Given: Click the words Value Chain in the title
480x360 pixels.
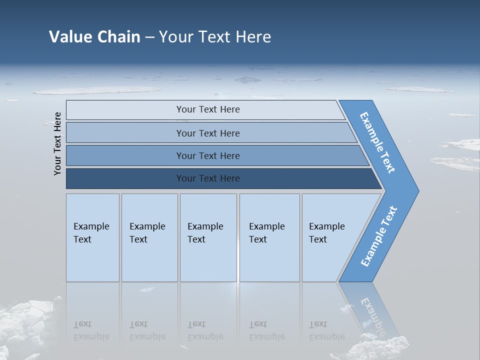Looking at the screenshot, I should [x=94, y=37].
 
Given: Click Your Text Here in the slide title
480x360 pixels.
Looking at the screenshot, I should [x=215, y=37].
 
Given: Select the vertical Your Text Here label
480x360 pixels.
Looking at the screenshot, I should [x=57, y=143].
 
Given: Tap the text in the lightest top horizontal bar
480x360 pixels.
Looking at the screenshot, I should [x=208, y=109].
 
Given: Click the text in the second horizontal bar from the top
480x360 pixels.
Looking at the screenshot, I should [x=208, y=133].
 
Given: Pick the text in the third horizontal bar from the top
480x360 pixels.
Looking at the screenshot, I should [x=208, y=156].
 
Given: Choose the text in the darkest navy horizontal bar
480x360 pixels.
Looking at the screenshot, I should [x=208, y=178].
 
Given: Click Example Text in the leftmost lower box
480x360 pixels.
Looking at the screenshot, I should [x=91, y=233].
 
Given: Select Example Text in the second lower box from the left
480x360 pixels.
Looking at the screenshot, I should [x=147, y=233].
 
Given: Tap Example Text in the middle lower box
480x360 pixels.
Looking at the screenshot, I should [x=205, y=233].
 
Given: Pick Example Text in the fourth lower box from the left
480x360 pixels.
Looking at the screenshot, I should [x=266, y=233].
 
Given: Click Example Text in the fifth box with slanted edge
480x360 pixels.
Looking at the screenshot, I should [x=326, y=233].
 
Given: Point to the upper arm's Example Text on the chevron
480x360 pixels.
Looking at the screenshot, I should [x=377, y=142].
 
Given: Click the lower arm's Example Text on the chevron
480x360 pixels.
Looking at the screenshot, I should [x=378, y=236].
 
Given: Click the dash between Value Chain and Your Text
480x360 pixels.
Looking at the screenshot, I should [x=149, y=37].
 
